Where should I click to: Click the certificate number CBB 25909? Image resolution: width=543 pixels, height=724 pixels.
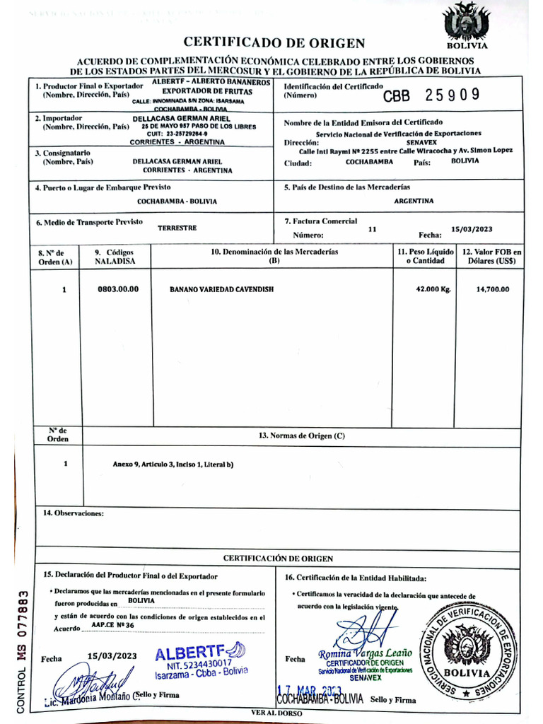(431, 95)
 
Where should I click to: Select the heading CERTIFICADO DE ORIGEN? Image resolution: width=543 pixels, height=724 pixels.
(274, 43)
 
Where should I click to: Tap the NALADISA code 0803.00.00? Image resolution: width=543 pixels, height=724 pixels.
(118, 289)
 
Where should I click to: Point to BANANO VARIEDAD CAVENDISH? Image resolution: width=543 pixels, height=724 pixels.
(221, 289)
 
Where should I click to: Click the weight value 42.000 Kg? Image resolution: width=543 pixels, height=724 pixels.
(433, 289)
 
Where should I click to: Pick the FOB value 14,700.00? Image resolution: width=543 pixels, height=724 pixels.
(493, 289)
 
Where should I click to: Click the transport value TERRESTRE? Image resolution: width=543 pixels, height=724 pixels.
(177, 228)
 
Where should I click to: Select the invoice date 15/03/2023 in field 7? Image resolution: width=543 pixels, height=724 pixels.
(471, 228)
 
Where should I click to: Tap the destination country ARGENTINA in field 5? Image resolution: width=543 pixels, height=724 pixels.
(414, 201)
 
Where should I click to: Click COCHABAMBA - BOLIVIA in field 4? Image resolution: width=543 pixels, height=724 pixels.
(177, 202)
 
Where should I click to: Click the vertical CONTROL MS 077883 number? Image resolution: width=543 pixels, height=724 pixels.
(21, 652)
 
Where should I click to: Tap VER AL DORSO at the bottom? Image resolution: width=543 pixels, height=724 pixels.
(276, 713)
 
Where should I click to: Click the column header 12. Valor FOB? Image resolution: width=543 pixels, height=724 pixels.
(492, 256)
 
